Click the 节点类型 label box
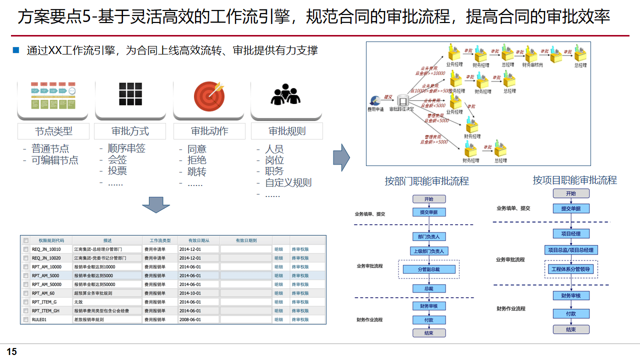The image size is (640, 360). [x=53, y=131]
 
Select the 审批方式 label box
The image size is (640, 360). [x=130, y=131]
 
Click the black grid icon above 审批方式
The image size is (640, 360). [x=130, y=93]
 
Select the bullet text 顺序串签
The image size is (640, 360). [x=126, y=148]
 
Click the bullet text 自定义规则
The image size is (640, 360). [x=288, y=182]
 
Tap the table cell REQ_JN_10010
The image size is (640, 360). [x=46, y=249]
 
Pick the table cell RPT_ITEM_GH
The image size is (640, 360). [x=45, y=310]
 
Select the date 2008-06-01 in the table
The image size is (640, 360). [x=190, y=319]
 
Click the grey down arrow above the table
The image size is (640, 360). [x=156, y=205]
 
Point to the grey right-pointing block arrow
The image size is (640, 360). [x=341, y=157]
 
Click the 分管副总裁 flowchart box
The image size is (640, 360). [x=428, y=269]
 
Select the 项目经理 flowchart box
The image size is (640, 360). [x=571, y=233]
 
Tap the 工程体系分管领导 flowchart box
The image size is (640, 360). [x=570, y=269]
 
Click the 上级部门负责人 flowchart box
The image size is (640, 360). [x=428, y=251]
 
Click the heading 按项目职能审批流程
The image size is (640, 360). [x=574, y=180]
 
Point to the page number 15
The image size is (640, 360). [x=11, y=352]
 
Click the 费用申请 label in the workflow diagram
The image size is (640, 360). [x=375, y=109]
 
